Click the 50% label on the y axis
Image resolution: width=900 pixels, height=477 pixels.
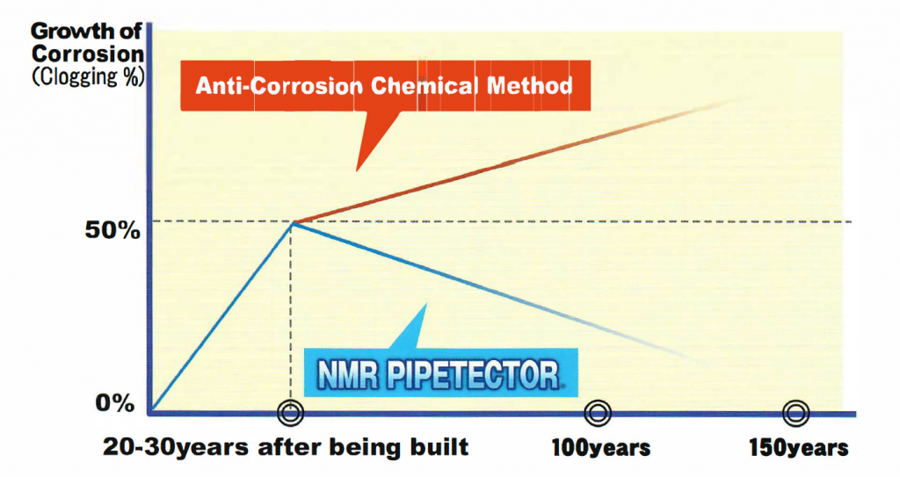point(112,230)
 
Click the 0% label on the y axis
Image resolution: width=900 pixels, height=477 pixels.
point(115,403)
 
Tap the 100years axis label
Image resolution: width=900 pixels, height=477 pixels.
point(601,448)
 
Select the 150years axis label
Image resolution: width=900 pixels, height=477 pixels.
point(798,448)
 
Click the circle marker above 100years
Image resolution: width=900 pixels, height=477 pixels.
point(598,412)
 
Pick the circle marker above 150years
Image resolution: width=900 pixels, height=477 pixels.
point(796,412)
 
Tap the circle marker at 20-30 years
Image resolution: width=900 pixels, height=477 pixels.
point(290,412)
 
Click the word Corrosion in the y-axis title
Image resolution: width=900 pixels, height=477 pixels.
point(88,54)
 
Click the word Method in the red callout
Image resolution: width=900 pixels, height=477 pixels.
point(529,86)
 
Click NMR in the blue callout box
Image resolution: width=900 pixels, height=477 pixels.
point(348,375)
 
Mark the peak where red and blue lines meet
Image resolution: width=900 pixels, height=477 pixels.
point(293,222)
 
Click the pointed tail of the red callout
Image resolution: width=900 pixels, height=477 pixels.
point(357,170)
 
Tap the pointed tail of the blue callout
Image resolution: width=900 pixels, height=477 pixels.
point(425,305)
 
